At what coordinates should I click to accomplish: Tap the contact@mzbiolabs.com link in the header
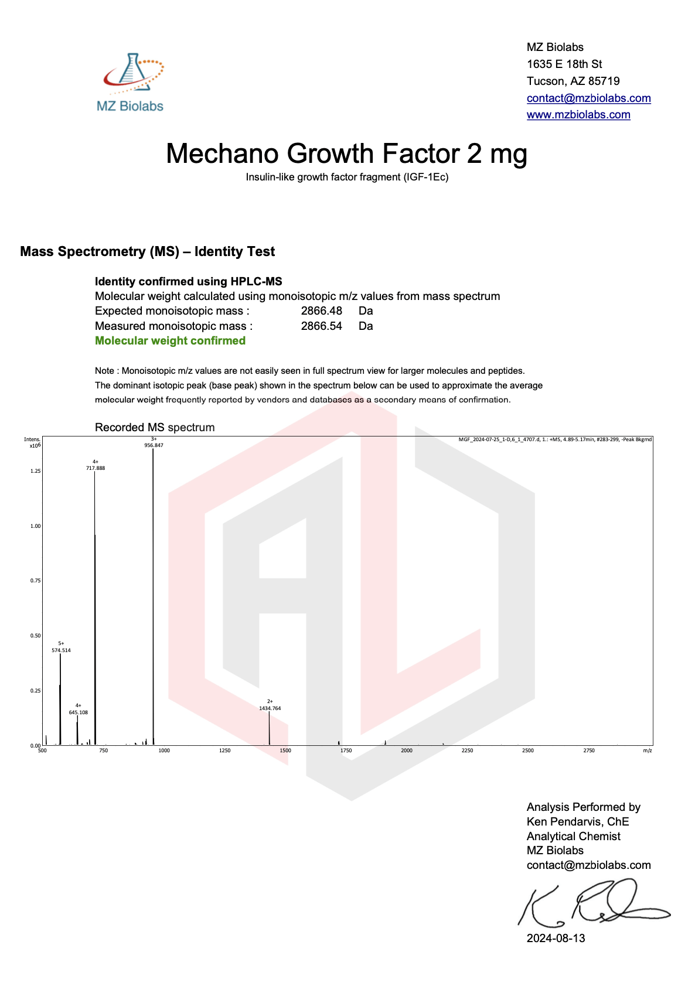[x=588, y=98]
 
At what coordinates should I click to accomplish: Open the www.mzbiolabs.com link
[x=578, y=115]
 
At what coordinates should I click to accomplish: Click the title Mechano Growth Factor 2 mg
[x=346, y=154]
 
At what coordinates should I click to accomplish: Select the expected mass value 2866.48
[x=321, y=311]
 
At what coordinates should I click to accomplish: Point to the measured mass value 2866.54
[x=321, y=326]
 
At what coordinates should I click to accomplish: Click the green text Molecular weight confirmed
[x=170, y=341]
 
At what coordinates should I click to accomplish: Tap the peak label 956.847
[x=154, y=445]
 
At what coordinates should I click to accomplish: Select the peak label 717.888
[x=96, y=468]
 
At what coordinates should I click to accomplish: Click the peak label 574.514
[x=61, y=650]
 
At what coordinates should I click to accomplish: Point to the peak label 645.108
[x=78, y=712]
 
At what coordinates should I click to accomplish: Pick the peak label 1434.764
[x=270, y=708]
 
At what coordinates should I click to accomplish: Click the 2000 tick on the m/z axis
[x=407, y=751]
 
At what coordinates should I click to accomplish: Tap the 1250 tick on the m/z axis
[x=224, y=751]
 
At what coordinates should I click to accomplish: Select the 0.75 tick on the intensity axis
[x=35, y=581]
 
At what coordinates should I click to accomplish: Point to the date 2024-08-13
[x=556, y=938]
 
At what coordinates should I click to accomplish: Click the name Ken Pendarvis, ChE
[x=577, y=821]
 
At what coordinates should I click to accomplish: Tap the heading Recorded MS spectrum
[x=155, y=428]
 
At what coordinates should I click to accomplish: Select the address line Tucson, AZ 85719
[x=573, y=81]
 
